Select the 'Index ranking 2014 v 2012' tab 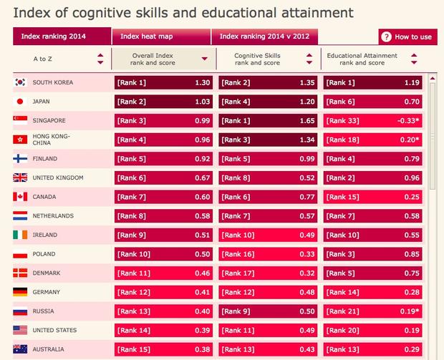[x=265, y=37]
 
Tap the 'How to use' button [x=407, y=37]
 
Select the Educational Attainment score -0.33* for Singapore [x=405, y=120]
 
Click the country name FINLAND [x=44, y=159]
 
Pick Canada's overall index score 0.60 [x=202, y=197]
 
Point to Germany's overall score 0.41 [x=202, y=292]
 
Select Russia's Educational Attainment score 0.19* [x=407, y=311]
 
